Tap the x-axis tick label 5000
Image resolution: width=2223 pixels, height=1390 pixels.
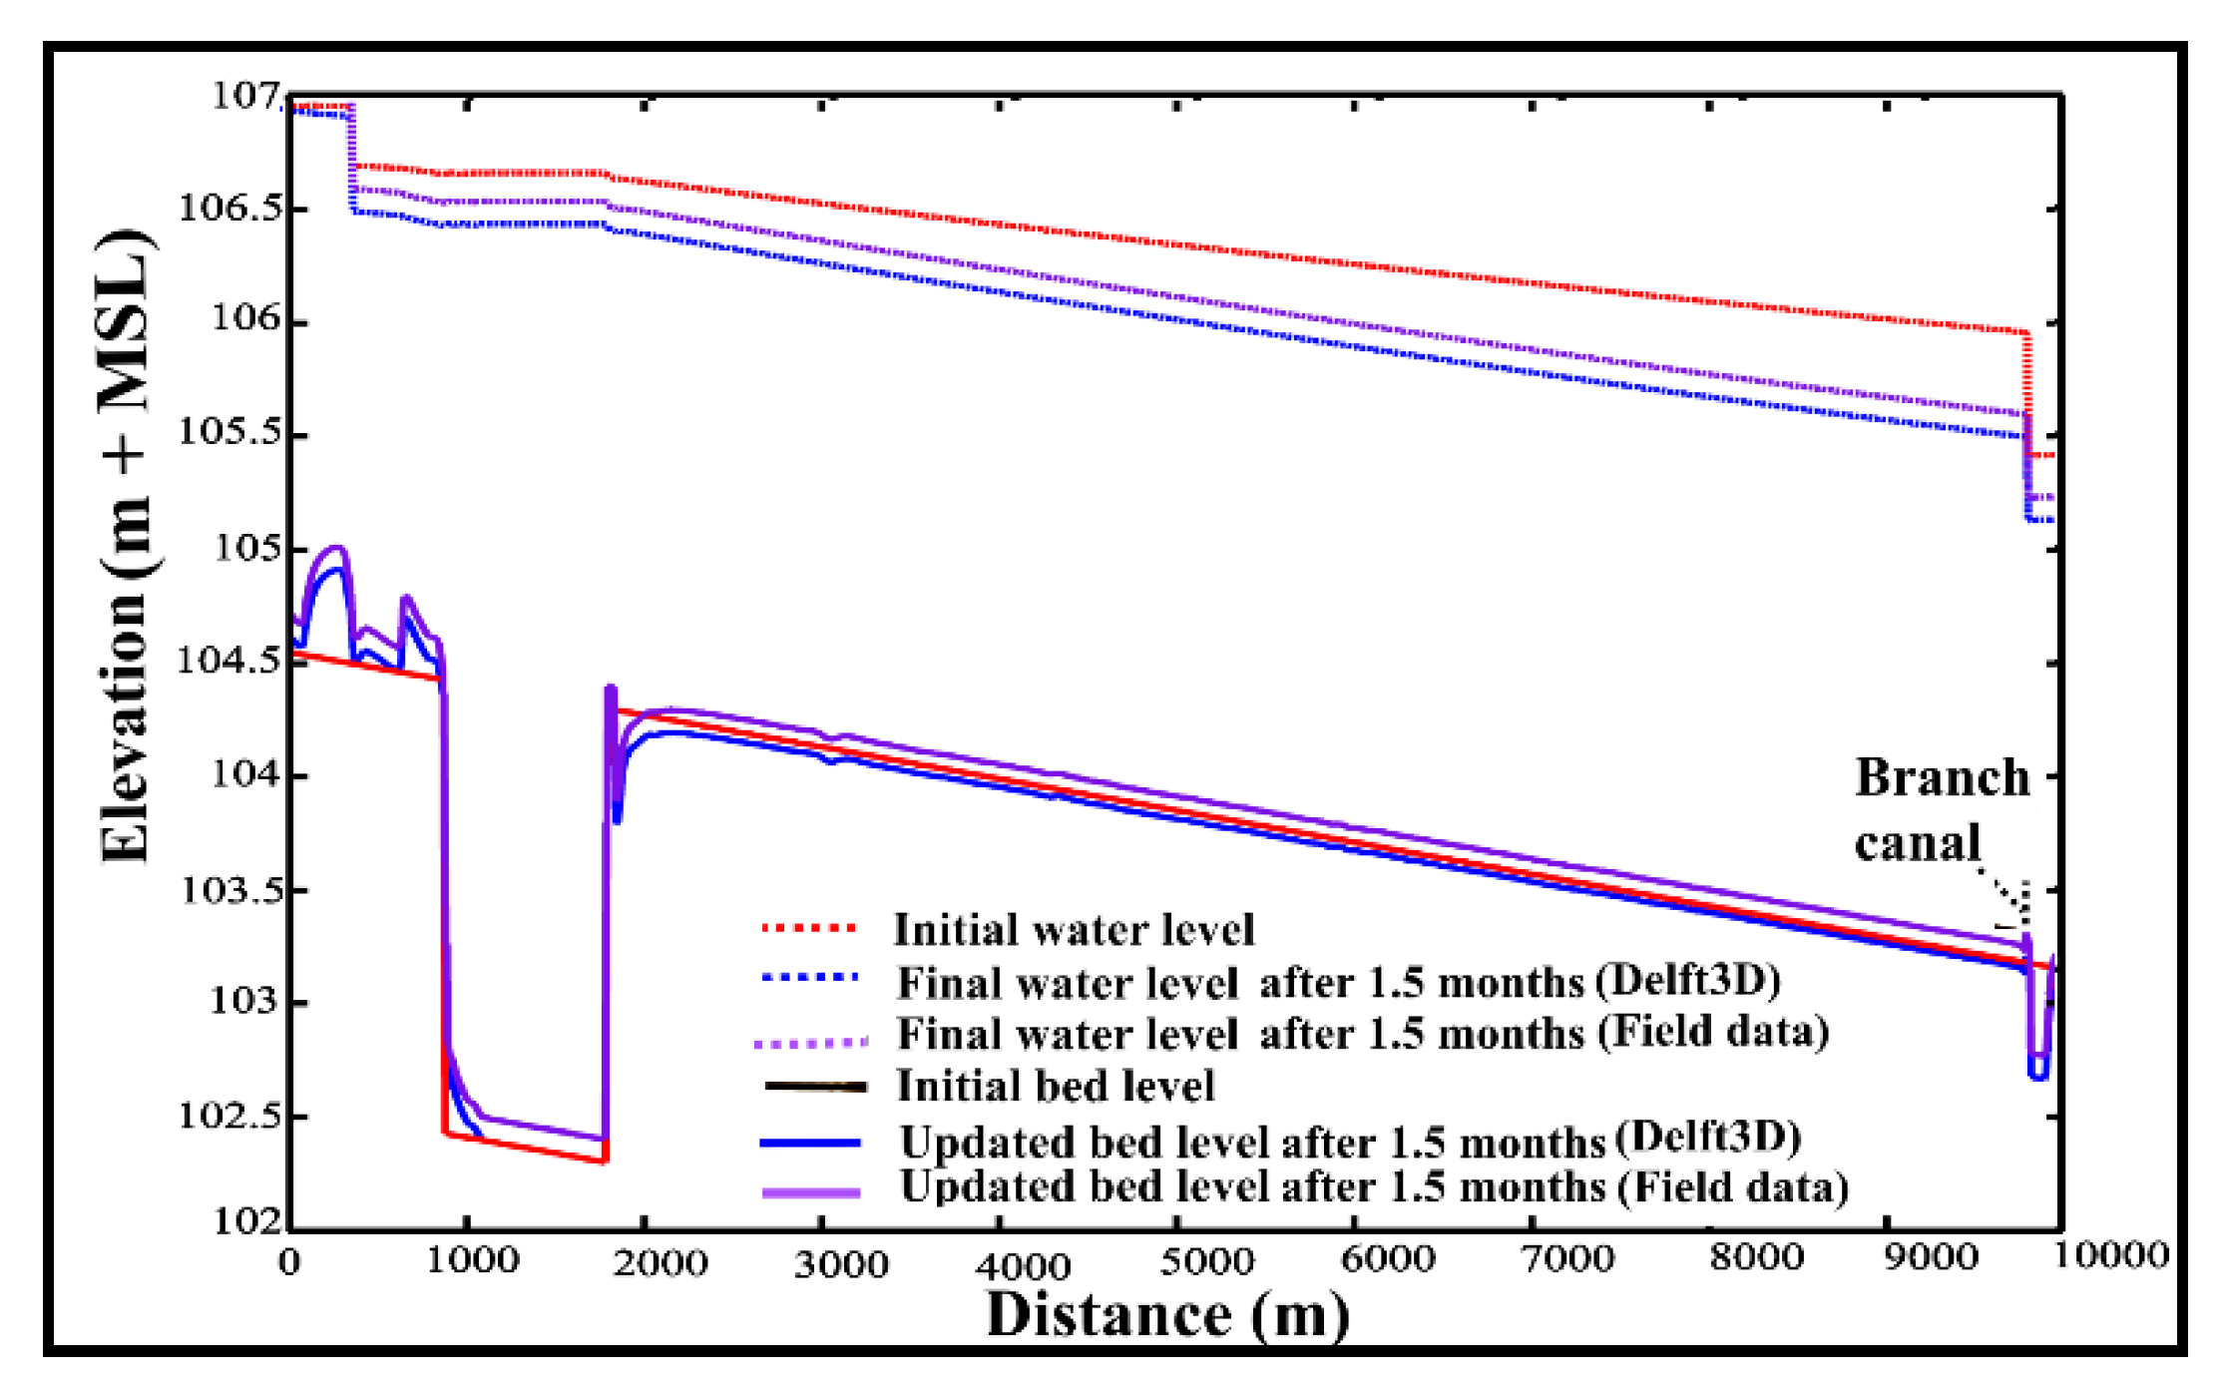coord(1205,1261)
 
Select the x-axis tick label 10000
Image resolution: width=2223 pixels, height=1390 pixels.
coord(2109,1255)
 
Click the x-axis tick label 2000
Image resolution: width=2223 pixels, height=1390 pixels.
coord(660,1263)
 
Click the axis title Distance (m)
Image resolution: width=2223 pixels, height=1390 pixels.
coord(1167,1315)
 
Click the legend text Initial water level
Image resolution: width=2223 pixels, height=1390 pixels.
coord(1074,930)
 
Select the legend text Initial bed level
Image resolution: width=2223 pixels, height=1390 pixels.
coord(1055,1086)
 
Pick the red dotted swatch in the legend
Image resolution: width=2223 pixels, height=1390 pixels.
coord(809,928)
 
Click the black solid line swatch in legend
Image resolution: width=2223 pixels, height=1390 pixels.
coord(814,1086)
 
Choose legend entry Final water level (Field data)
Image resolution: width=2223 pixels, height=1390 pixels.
coord(1362,1033)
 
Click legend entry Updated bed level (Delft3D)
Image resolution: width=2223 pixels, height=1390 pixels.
coord(1349,1141)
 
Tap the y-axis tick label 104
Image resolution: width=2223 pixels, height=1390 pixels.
coord(244,774)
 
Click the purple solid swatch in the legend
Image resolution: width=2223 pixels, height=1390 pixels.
coord(811,1192)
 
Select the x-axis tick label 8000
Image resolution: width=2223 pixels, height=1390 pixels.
coord(1756,1257)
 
